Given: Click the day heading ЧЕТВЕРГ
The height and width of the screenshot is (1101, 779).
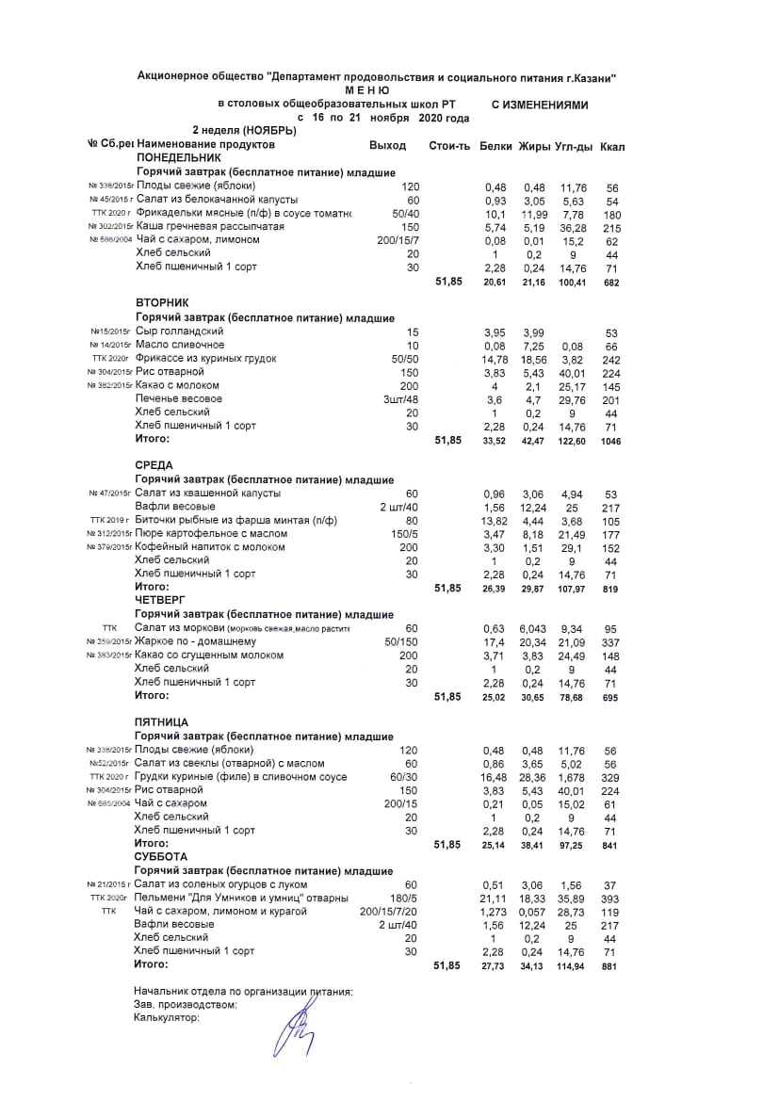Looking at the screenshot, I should (x=160, y=598).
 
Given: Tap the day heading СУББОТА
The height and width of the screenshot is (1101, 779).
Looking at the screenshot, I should (x=161, y=857).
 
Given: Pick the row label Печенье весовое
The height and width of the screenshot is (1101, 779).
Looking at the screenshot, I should (x=178, y=399).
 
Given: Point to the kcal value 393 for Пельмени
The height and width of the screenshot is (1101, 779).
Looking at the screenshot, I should (x=611, y=899).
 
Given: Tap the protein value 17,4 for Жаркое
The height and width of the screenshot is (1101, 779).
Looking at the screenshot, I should (x=495, y=641).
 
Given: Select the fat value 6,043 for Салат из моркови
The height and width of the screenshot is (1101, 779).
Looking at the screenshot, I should (x=534, y=628).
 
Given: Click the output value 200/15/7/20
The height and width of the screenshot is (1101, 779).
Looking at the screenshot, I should (x=389, y=912).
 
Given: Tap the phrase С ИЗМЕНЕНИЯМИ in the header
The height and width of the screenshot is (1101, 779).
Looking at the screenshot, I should (x=540, y=105).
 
